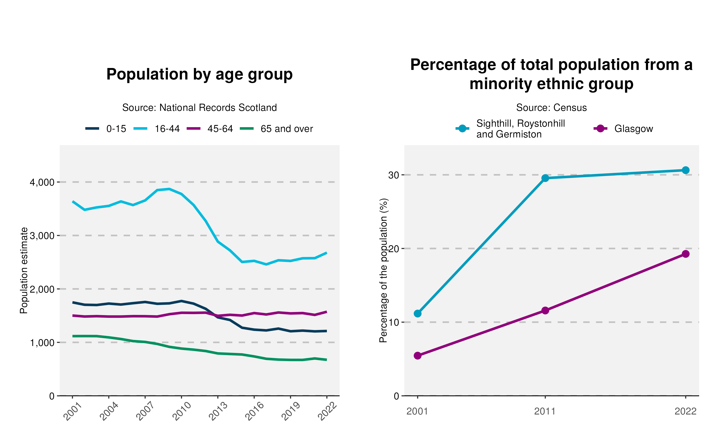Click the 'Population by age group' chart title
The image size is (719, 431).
coord(199,74)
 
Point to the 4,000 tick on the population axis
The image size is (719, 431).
coord(42,182)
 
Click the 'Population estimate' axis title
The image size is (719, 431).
coord(24,270)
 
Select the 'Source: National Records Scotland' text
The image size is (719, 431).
coord(199,108)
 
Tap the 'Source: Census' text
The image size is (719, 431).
coord(551,108)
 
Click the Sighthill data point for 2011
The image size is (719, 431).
coord(545,178)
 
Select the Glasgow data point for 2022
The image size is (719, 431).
coord(686,254)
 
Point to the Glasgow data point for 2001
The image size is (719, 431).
coord(418,356)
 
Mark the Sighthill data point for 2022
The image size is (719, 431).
coord(686,170)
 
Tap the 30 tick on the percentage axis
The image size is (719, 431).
coord(394,175)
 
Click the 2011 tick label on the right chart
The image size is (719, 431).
coord(545,412)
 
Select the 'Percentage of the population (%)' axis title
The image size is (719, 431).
coord(384,270)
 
